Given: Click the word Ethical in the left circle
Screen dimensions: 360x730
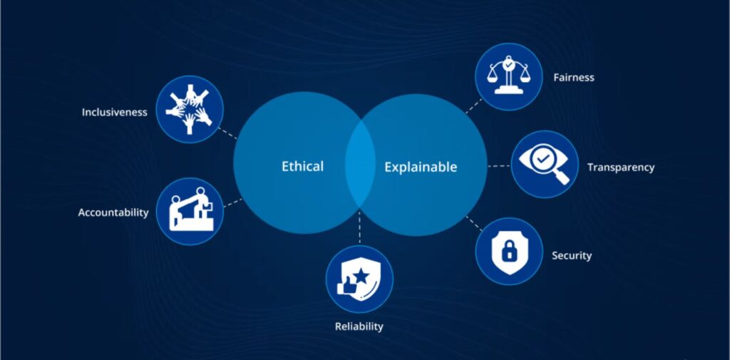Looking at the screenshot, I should pos(302,166).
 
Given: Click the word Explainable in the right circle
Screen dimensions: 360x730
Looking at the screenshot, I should pos(421,168).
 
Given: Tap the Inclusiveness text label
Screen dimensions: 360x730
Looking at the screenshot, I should pos(114,112).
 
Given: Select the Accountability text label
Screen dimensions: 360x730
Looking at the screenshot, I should pos(113,212).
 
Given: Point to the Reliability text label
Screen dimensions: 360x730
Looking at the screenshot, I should pos(359,326).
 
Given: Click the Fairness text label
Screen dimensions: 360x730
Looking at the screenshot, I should pos(573,77).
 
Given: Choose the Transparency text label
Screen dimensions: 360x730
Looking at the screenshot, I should pos(620,168).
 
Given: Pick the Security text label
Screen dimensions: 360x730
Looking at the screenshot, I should pos(572,255).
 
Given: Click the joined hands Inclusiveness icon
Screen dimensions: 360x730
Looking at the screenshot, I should pos(189,110).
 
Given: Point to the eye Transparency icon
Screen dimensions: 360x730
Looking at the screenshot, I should pos(543,163).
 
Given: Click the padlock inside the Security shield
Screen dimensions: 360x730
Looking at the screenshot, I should pos(509,252).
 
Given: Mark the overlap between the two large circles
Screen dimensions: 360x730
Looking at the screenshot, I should pos(360,166).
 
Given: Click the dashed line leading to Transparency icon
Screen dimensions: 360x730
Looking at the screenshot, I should pos(498,166).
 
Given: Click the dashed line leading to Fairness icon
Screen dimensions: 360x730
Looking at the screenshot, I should pos(473,106).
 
